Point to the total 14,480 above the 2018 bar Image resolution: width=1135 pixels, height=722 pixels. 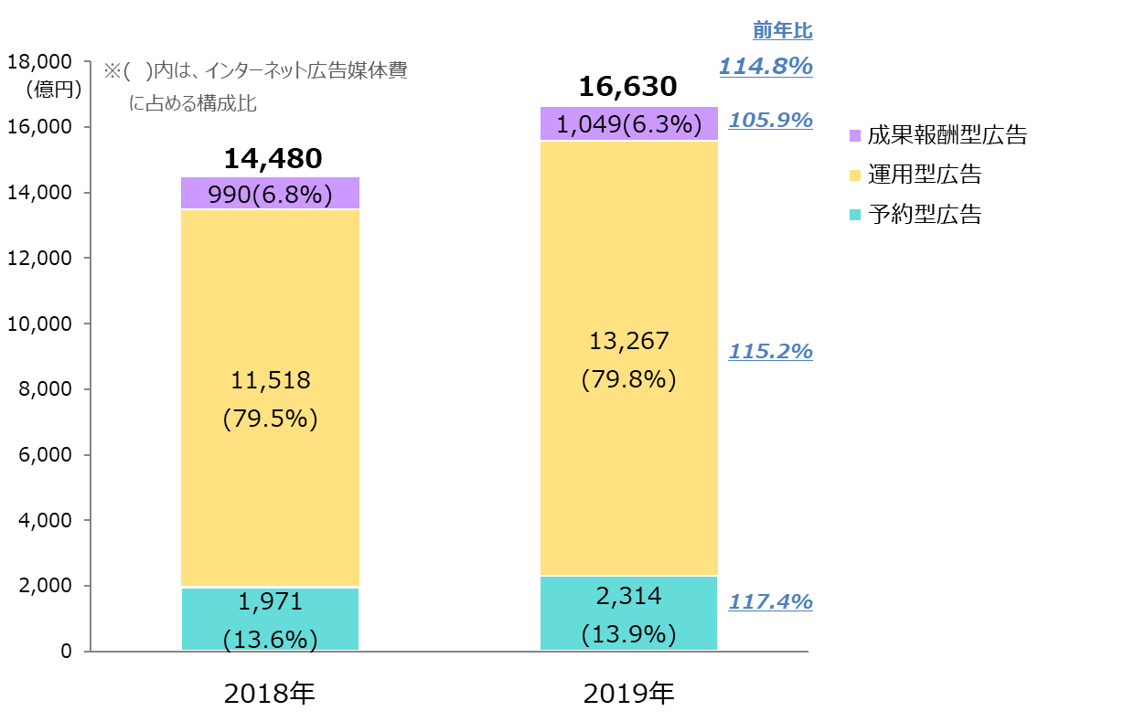(273, 158)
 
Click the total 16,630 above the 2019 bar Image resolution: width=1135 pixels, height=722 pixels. (628, 87)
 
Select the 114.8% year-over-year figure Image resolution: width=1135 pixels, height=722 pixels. (766, 66)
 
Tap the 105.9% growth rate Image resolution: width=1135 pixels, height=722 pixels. (770, 120)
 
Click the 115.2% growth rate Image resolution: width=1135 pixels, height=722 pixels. (770, 351)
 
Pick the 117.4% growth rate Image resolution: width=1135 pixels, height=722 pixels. (770, 601)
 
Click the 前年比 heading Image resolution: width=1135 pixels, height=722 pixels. (782, 30)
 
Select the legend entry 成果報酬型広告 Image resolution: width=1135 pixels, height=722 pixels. (937, 135)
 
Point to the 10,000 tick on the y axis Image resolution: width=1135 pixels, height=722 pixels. (39, 324)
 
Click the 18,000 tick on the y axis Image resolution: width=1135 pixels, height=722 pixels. (39, 62)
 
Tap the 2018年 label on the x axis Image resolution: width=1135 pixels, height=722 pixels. (269, 694)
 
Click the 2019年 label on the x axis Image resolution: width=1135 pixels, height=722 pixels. (628, 694)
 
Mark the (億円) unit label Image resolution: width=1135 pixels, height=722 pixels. (54, 90)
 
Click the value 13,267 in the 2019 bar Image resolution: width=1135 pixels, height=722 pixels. (628, 341)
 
